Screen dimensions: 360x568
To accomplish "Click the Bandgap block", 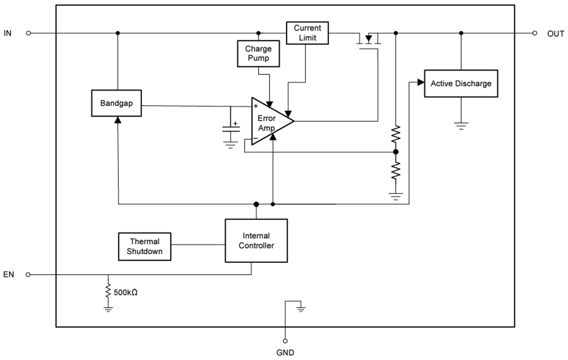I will (x=116, y=103).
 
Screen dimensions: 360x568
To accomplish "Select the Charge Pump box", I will (x=258, y=54).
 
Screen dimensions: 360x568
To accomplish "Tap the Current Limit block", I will (x=307, y=33).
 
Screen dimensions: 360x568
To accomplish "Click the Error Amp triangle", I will (x=269, y=121).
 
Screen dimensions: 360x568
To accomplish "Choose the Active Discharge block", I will (x=461, y=83).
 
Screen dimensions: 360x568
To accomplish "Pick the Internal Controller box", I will (x=256, y=241).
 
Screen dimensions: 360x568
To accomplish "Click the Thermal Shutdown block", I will (x=145, y=246).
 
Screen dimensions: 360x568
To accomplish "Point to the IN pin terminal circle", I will (x=28, y=33).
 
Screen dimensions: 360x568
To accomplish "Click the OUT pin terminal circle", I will (x=535, y=33).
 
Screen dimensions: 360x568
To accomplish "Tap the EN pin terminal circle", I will (x=28, y=274).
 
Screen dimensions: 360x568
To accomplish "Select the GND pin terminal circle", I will (x=285, y=341).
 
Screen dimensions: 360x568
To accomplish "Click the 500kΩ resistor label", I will (x=125, y=292).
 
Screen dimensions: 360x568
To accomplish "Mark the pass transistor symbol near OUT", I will (x=369, y=39).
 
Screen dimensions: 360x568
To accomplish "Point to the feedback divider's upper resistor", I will (x=396, y=134).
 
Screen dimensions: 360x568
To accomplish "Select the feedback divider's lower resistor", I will (x=396, y=170).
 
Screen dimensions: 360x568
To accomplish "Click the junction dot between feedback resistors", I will (x=396, y=152).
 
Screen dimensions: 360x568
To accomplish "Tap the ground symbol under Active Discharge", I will (x=461, y=124).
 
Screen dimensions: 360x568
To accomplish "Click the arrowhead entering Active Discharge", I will (x=420, y=83).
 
